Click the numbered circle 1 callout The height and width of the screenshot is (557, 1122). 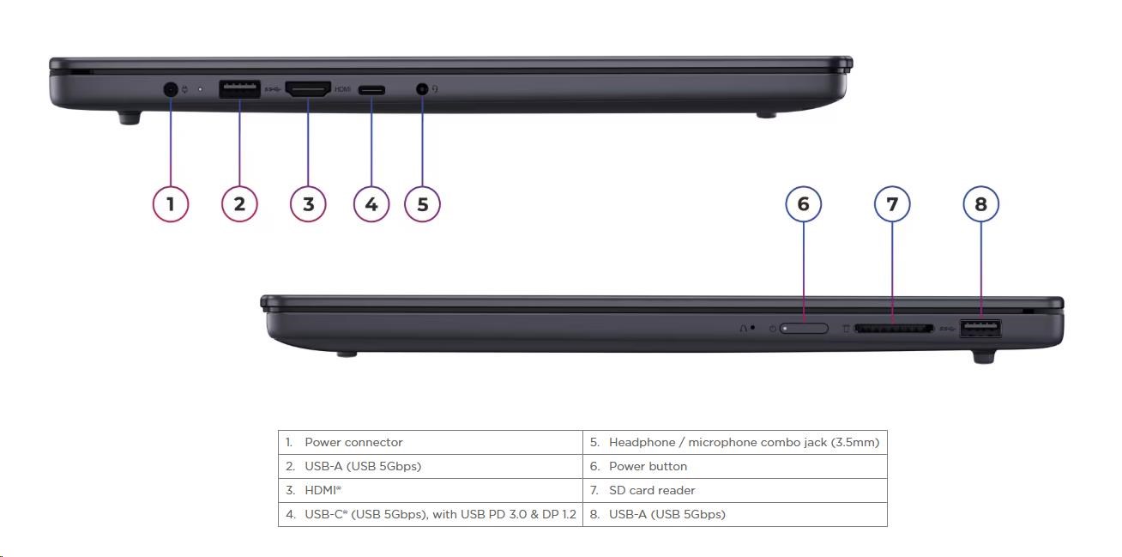171,204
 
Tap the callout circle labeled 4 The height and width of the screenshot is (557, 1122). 371,204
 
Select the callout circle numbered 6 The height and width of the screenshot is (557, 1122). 804,204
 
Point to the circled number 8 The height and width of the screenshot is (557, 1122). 981,204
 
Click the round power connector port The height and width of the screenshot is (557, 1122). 171,88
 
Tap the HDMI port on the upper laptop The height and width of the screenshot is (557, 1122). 308,88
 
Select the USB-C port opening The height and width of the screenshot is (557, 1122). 371,89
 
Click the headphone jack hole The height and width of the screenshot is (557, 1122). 422,88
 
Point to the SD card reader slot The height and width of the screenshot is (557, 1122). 892,328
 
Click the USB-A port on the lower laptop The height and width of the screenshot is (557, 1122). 980,327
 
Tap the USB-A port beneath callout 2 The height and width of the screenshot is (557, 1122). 239,88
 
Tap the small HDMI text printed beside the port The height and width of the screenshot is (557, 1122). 342,89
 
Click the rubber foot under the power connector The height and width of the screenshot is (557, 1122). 129,118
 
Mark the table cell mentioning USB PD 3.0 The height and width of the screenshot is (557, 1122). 430,515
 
